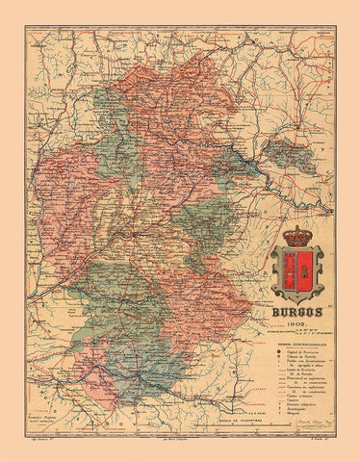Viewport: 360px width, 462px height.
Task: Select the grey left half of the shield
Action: pyautogui.click(x=286, y=270)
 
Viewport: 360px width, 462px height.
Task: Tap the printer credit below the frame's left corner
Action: pyautogui.click(x=38, y=450)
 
